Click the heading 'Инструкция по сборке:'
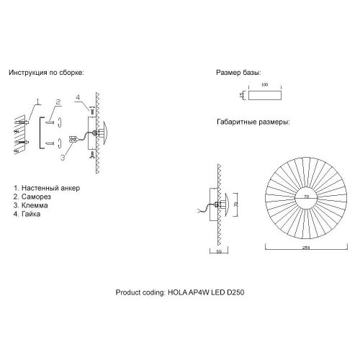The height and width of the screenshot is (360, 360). click(x=47, y=73)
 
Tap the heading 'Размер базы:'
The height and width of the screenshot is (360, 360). click(x=238, y=73)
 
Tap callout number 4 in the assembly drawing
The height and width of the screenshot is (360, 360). click(x=77, y=96)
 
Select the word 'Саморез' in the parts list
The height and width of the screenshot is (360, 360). click(x=37, y=197)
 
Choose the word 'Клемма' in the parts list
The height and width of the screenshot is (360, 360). click(x=37, y=205)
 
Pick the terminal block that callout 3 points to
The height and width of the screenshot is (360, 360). click(x=73, y=139)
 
